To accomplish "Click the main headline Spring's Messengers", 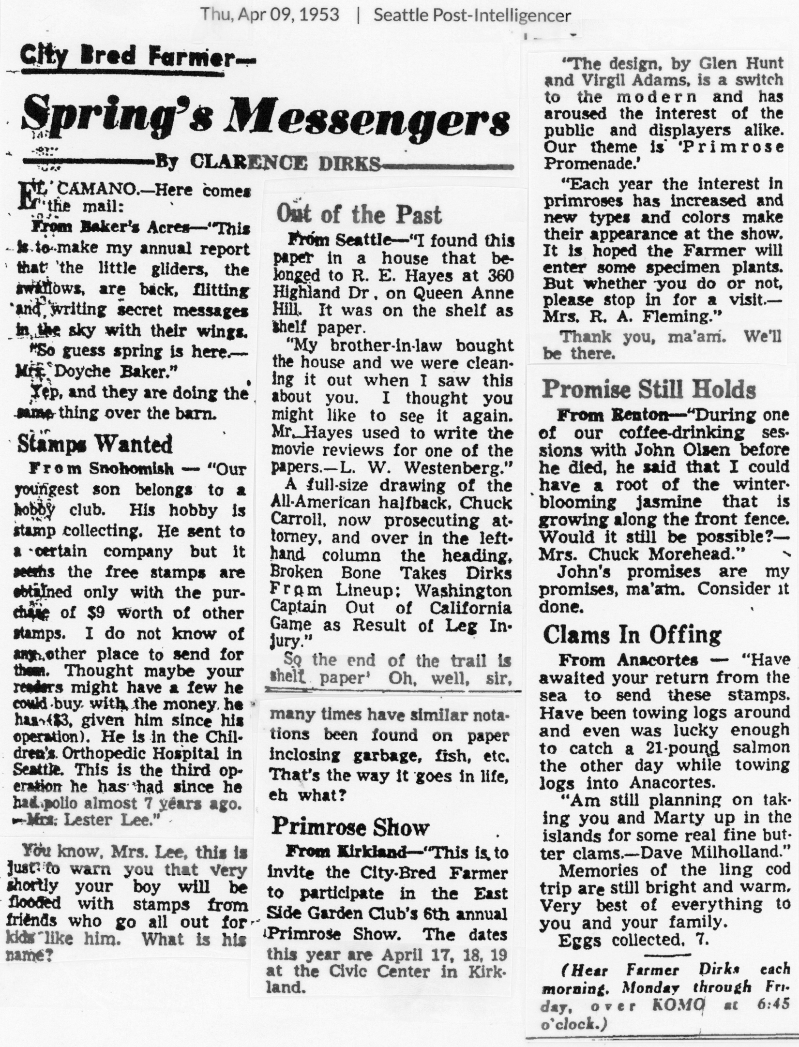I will coord(266,121).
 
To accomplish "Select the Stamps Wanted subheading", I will coord(95,444).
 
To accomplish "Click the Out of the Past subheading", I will coord(359,214).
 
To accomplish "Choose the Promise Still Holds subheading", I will coord(649,389).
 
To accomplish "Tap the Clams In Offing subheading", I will coord(632,635).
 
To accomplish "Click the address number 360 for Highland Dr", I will coord(500,275).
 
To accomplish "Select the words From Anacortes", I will coord(628,660).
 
